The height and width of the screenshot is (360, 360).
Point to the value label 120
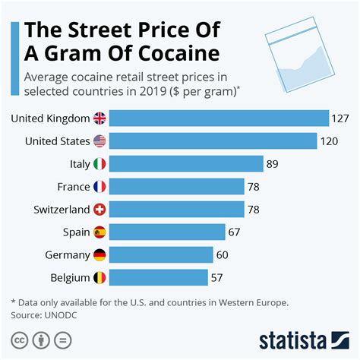(328, 141)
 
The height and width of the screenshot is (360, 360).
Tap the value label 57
(218, 277)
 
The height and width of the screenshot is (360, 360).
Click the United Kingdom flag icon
(99, 118)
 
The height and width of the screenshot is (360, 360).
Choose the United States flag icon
(99, 141)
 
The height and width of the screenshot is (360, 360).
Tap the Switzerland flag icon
(99, 210)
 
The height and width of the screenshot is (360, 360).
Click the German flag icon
(99, 254)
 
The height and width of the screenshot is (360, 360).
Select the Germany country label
(65, 254)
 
